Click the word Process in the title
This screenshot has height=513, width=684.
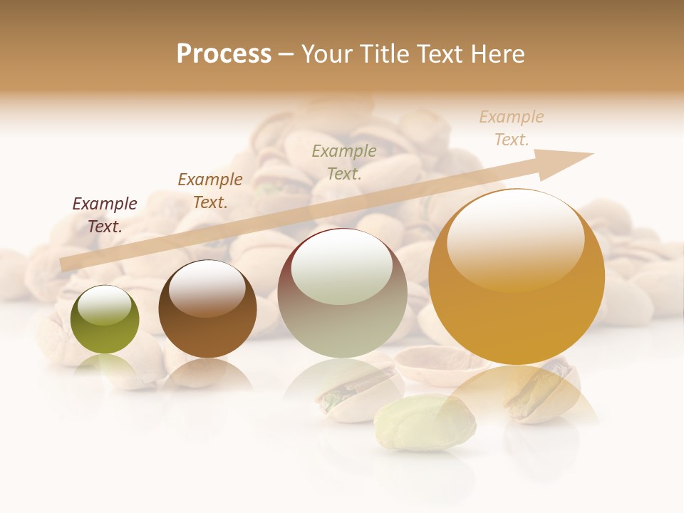[224, 54]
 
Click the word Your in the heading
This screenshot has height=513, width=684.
[328, 54]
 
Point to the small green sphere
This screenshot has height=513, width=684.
[105, 321]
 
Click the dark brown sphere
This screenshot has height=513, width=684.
[207, 310]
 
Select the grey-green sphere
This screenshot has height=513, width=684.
[342, 294]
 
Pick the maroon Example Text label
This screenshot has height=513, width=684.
[105, 215]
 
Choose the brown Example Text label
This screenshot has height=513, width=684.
[210, 191]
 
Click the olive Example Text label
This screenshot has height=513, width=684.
[344, 162]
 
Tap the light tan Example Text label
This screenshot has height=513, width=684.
[512, 128]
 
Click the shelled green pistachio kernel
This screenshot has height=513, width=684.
[425, 424]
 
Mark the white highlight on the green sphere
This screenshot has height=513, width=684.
[105, 306]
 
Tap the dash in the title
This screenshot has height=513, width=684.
[286, 54]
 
